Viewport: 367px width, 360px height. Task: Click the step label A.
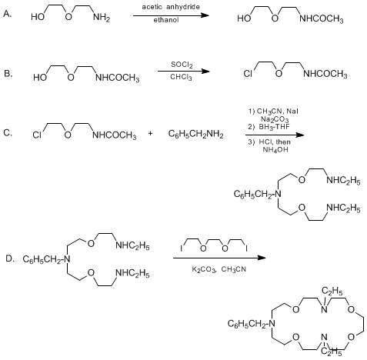[x=8, y=14]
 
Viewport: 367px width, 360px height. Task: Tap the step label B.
[x=8, y=73]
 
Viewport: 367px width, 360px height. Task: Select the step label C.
[x=8, y=133]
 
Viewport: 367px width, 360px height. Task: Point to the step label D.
[x=10, y=258]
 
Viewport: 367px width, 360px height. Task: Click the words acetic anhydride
[x=171, y=7]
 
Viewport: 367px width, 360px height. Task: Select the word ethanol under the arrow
[x=166, y=20]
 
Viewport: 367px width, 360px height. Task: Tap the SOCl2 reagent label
[x=182, y=65]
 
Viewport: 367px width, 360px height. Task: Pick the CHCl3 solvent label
[x=181, y=77]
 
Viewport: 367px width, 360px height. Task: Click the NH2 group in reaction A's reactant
[x=102, y=18]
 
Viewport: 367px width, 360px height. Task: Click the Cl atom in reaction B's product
[x=248, y=74]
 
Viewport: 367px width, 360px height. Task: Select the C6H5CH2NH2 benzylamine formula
[x=195, y=134]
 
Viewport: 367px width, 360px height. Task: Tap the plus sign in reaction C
[x=151, y=133]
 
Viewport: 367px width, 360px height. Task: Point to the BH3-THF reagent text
[x=274, y=127]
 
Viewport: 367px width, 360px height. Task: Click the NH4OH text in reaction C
[x=275, y=150]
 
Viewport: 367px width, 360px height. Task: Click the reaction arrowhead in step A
[x=205, y=15]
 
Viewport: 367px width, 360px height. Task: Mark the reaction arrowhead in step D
[x=262, y=258]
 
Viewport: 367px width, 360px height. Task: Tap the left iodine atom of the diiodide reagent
[x=182, y=248]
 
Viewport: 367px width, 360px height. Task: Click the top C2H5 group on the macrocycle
[x=332, y=291]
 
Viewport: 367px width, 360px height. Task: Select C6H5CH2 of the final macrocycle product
[x=248, y=324]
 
